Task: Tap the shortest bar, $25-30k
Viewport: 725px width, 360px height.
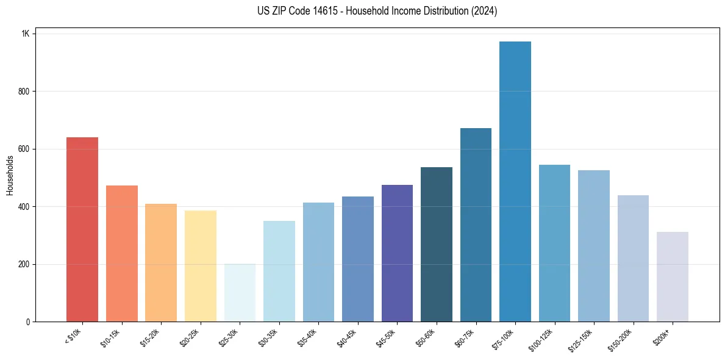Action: click(x=240, y=293)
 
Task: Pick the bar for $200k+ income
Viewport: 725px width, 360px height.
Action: click(x=673, y=277)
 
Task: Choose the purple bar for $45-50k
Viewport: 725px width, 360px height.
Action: click(x=397, y=253)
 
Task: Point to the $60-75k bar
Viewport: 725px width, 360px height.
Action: click(x=476, y=225)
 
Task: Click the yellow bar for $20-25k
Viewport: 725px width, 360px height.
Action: click(x=201, y=266)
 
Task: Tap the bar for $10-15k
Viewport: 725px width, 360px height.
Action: click(x=122, y=254)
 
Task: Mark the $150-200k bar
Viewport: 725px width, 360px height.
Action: click(x=633, y=259)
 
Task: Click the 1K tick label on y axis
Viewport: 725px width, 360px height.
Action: click(x=25, y=34)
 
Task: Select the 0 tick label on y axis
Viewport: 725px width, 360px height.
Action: click(x=27, y=322)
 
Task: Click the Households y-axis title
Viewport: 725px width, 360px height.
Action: click(x=10, y=175)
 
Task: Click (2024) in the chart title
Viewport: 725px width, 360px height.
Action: click(x=484, y=11)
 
